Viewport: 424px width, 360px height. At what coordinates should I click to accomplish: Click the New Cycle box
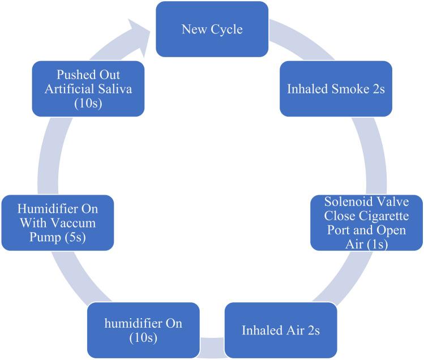tap(212, 29)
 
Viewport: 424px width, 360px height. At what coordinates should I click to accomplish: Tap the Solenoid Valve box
tap(367, 222)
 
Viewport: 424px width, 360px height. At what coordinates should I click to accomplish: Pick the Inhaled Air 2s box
tap(281, 330)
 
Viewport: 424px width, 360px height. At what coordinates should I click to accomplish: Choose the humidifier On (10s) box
tap(143, 330)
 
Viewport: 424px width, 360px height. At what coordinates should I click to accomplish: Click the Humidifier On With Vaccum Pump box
tap(57, 222)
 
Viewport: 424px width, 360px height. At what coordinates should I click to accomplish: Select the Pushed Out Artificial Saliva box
tap(88, 83)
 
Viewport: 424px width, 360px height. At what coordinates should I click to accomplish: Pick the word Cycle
tap(227, 29)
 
